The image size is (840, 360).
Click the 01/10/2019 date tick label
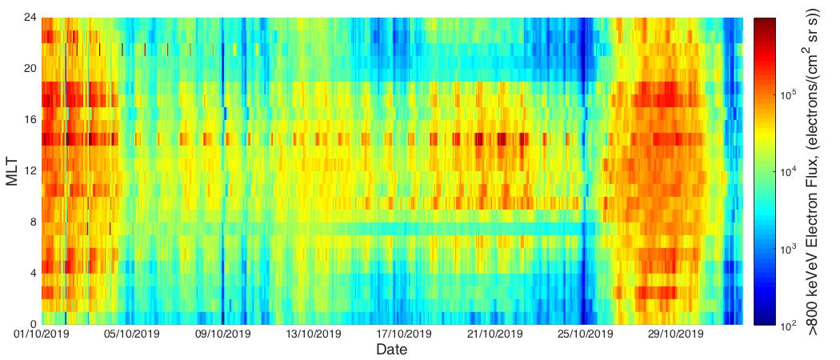click(x=41, y=334)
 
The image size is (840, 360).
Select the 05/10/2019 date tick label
click(x=132, y=334)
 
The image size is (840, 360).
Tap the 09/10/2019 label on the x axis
click(x=222, y=334)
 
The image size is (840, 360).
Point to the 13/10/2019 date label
click(x=314, y=334)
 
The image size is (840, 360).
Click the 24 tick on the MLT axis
click(x=30, y=18)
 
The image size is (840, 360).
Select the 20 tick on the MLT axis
click(x=30, y=69)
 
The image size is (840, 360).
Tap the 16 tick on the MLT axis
click(x=30, y=120)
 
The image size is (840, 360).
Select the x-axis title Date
click(x=392, y=350)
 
